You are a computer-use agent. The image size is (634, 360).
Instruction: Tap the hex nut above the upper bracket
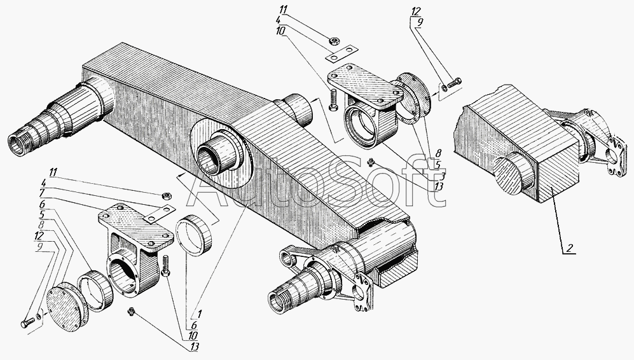point(332,42)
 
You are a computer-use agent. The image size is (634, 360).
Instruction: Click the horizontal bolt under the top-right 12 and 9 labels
point(455,81)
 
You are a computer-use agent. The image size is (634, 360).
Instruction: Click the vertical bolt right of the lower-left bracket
point(167,265)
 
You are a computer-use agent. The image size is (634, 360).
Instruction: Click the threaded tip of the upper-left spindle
point(18,140)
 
